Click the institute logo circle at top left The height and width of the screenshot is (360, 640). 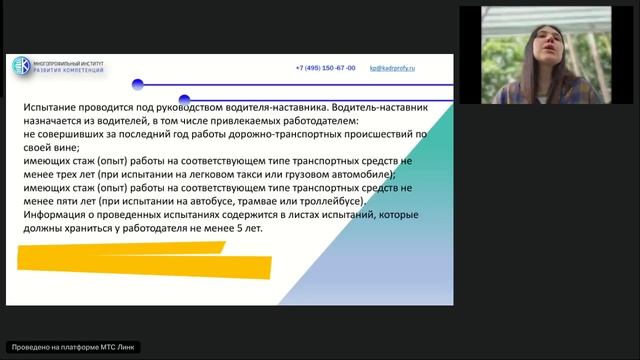[21, 67]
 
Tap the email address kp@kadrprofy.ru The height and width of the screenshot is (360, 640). [392, 68]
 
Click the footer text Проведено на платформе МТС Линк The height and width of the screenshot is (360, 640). [72, 347]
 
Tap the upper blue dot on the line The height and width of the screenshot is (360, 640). [138, 85]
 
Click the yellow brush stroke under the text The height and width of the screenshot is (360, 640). [145, 263]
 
